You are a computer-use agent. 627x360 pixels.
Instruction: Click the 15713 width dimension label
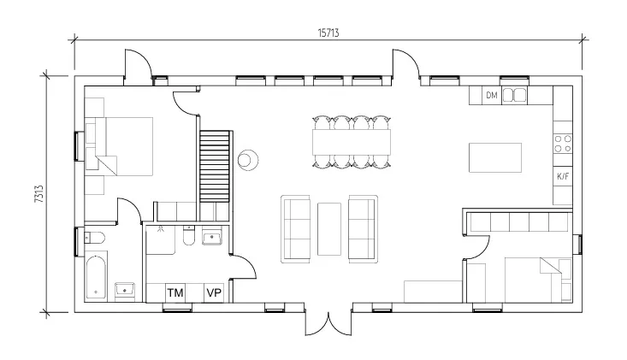click(x=328, y=32)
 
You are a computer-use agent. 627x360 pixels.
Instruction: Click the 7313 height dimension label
click(x=39, y=194)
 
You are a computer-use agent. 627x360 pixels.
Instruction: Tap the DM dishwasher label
click(x=492, y=95)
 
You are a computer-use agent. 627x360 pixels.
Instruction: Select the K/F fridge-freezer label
click(x=563, y=176)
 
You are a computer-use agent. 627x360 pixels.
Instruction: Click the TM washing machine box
click(x=175, y=293)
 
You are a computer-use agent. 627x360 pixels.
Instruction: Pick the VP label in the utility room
click(x=214, y=293)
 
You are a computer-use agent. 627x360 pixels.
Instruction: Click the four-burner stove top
click(x=563, y=144)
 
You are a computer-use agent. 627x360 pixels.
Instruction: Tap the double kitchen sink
click(x=514, y=96)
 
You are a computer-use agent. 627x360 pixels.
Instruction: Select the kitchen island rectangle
click(x=495, y=157)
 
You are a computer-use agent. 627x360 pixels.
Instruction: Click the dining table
click(x=352, y=142)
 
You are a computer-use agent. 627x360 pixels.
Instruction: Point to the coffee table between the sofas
click(x=329, y=229)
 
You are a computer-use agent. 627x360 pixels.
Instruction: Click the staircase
click(x=215, y=166)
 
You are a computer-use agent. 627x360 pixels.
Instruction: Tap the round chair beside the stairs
click(x=248, y=160)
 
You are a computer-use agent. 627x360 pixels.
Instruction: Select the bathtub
click(x=96, y=276)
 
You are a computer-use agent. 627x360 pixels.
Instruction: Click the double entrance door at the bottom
click(x=328, y=324)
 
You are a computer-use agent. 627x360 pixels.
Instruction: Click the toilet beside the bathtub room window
click(x=94, y=238)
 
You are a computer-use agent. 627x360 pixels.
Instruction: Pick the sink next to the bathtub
click(x=125, y=288)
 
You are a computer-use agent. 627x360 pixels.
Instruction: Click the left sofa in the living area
click(x=296, y=229)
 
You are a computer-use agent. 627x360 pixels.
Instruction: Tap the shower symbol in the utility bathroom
click(x=160, y=229)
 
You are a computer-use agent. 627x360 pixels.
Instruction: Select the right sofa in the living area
click(x=363, y=229)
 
